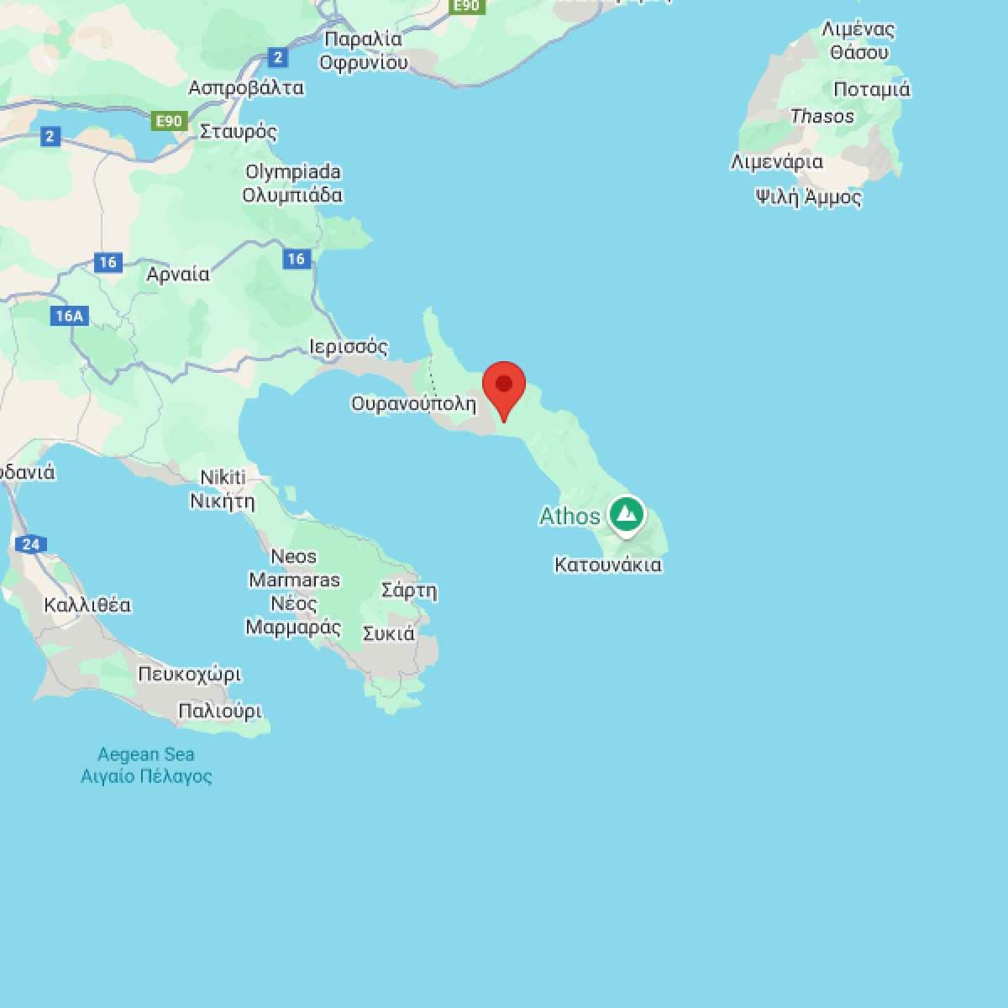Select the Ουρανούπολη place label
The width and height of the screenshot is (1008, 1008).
(413, 404)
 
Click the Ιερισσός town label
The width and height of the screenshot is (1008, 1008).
(349, 347)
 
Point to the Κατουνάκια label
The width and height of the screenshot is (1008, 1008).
(607, 564)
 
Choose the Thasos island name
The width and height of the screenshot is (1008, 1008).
(822, 117)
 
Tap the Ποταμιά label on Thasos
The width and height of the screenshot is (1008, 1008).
(871, 89)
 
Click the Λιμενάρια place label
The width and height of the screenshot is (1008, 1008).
(776, 161)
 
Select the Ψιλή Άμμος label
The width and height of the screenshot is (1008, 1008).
(808, 197)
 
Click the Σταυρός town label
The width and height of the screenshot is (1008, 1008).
(239, 132)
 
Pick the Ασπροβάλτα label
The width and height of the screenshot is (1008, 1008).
(245, 87)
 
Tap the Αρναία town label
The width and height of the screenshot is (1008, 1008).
(178, 275)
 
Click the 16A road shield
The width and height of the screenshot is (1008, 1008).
(69, 316)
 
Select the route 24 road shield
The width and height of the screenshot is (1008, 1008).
(31, 544)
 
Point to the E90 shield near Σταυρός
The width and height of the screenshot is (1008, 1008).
(168, 121)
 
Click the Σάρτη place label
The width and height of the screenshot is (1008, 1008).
(409, 591)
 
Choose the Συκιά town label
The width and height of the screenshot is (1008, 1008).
(388, 633)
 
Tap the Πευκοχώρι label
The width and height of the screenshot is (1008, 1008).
(189, 675)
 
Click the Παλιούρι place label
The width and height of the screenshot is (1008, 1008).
(220, 711)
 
